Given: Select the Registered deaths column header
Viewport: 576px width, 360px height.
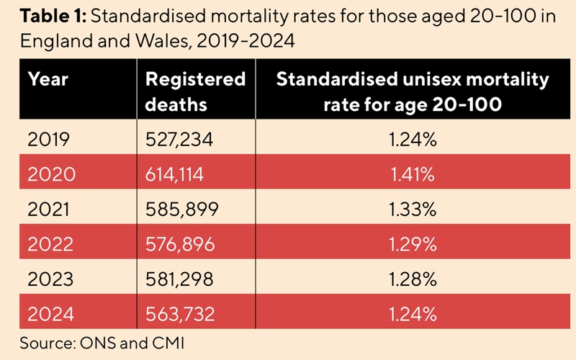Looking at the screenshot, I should (194, 91).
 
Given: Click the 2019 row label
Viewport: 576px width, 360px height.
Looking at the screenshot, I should (48, 140).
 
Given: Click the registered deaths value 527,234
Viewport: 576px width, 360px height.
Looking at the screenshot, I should (180, 140).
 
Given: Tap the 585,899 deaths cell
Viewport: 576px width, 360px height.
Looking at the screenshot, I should (181, 210).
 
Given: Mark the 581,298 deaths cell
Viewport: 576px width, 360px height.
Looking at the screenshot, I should (180, 279).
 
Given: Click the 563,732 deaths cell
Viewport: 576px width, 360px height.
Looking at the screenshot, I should (180, 313).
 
